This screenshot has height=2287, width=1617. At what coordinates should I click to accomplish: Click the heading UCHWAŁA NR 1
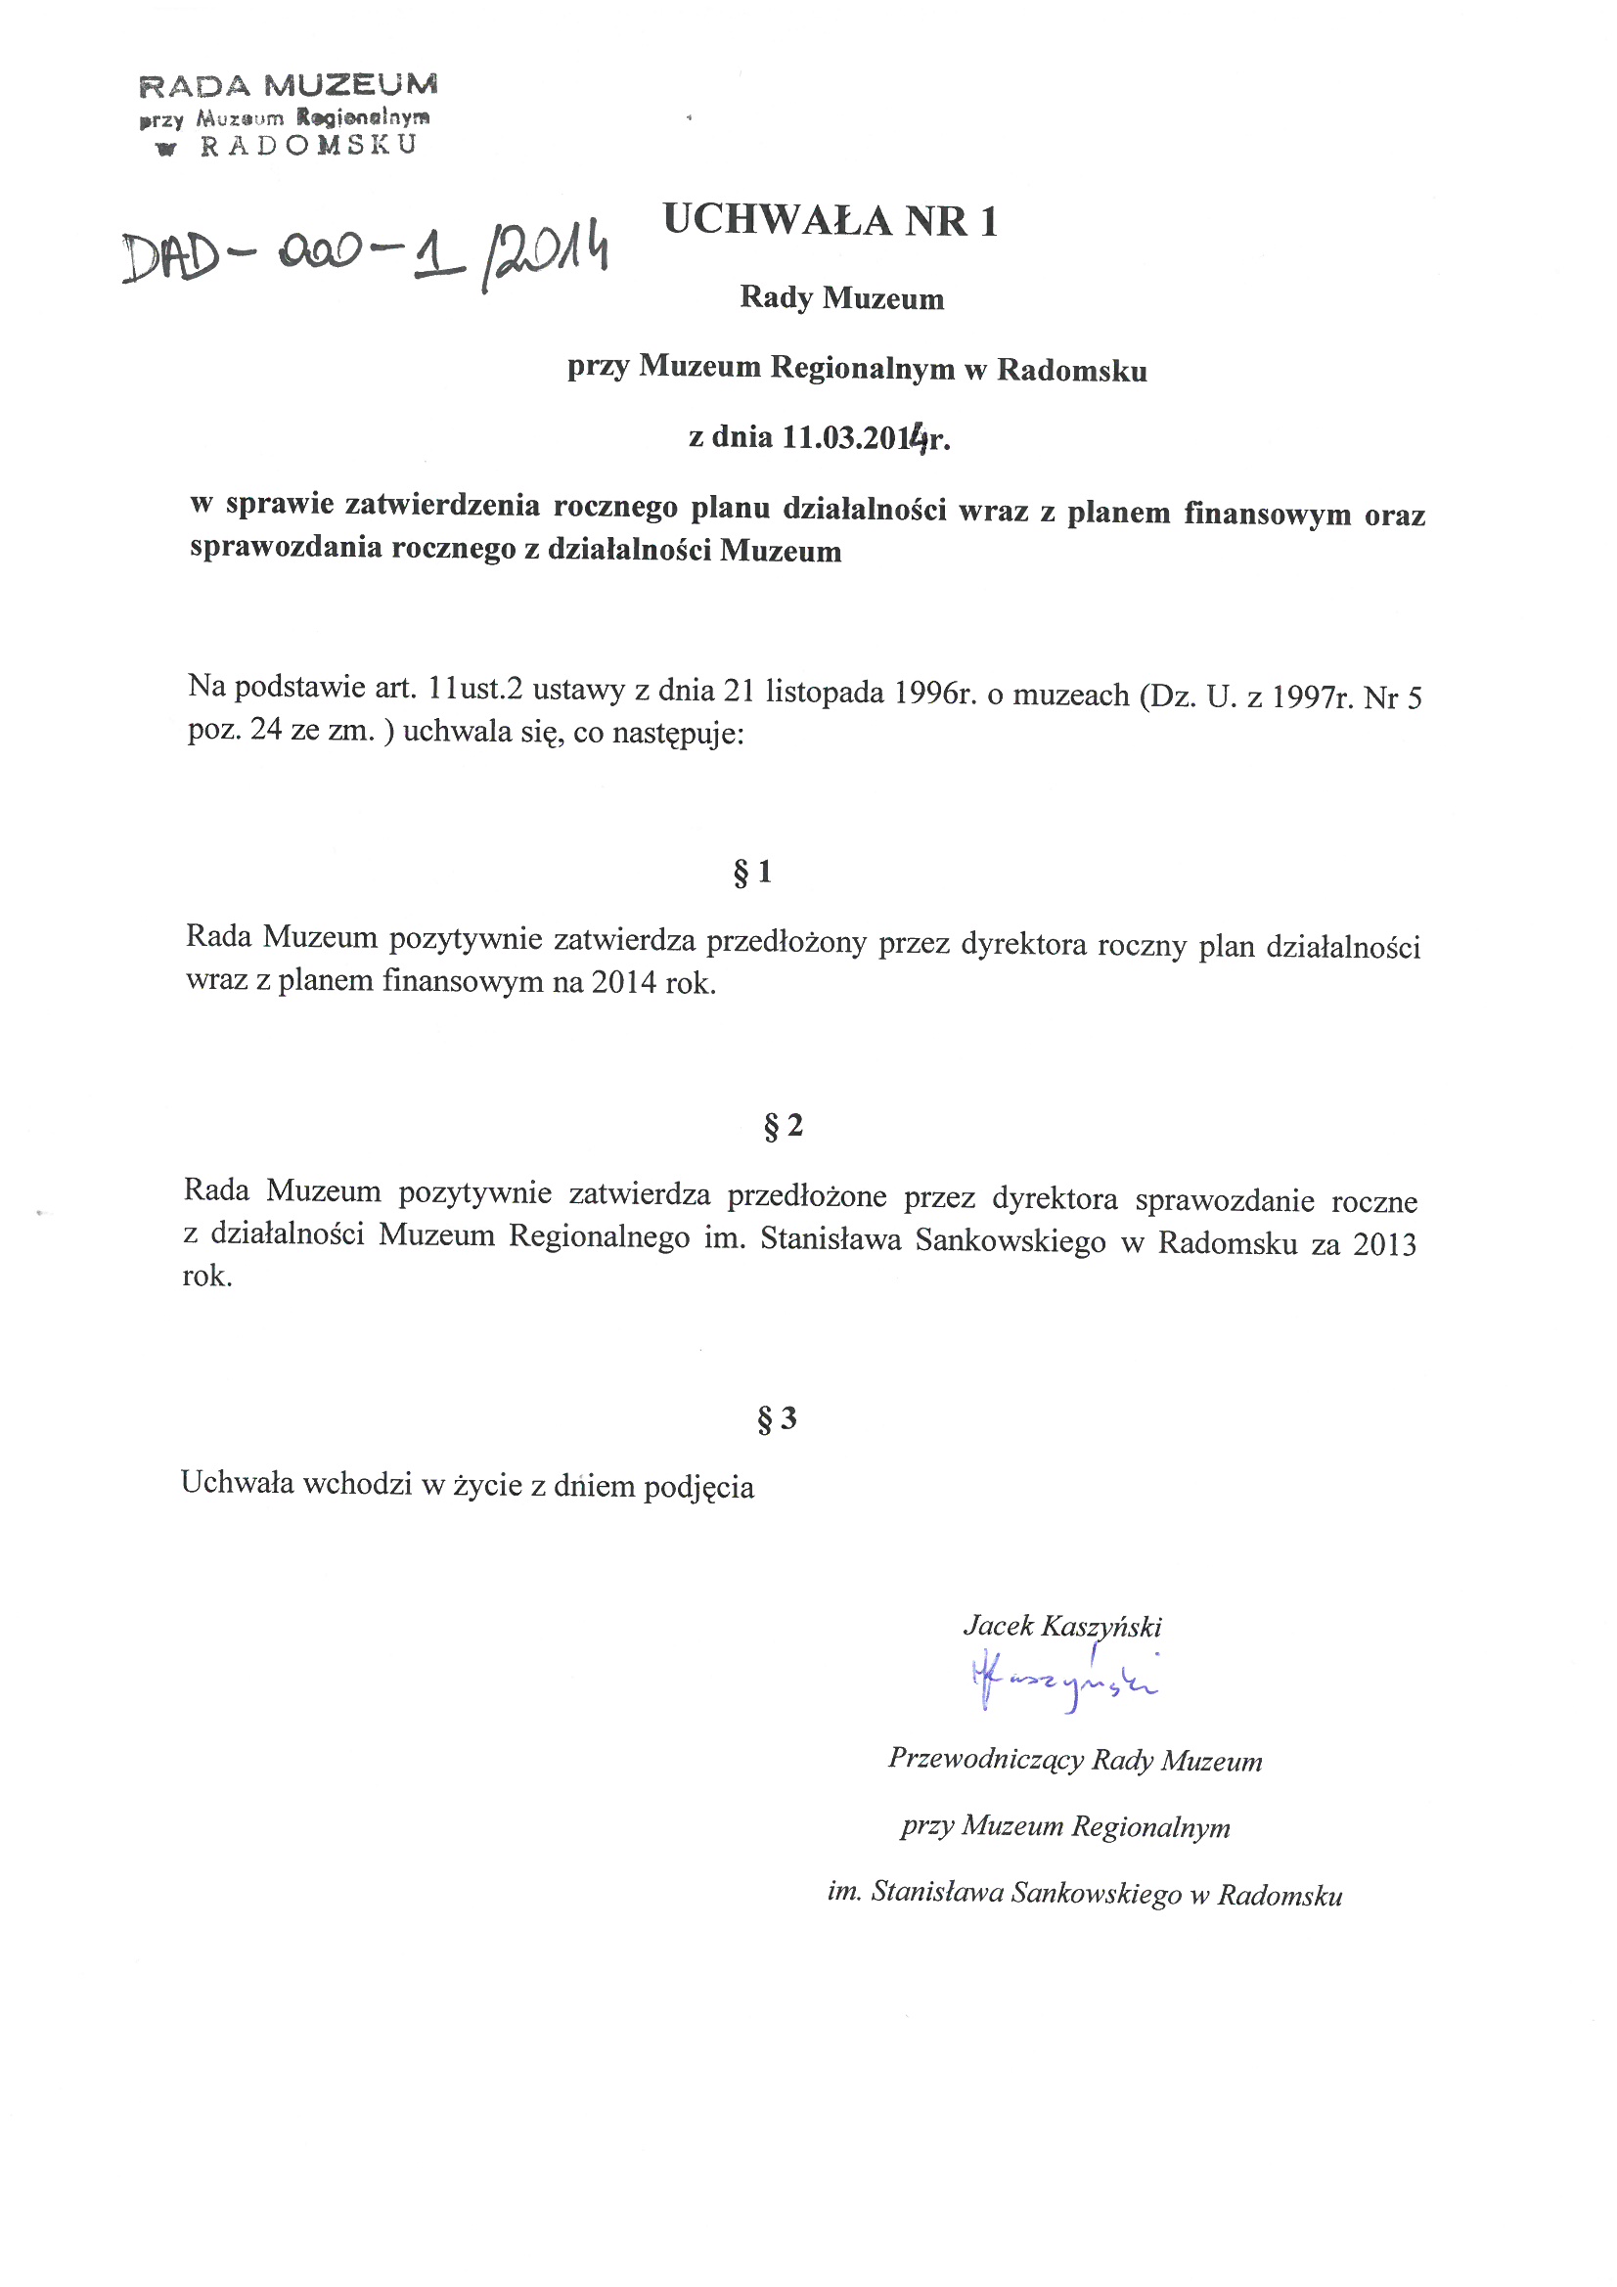click(x=830, y=220)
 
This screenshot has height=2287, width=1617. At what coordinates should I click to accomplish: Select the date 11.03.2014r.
click(x=865, y=437)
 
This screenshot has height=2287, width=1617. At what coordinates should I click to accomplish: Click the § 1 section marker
click(x=752, y=873)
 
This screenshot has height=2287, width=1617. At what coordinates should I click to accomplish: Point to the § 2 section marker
click(x=783, y=1126)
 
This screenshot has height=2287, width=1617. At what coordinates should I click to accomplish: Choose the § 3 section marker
click(x=776, y=1418)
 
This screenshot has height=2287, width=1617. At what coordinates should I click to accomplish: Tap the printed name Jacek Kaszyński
click(x=1062, y=1627)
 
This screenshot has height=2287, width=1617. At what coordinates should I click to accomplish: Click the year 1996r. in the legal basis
click(x=933, y=693)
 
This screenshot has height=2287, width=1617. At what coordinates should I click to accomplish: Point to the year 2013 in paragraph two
click(x=1384, y=1245)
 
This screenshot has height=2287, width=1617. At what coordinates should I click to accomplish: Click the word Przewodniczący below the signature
click(x=985, y=1759)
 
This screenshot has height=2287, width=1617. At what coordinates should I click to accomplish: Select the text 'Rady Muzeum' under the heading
click(x=842, y=297)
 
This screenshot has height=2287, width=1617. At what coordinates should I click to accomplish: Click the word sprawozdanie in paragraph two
click(x=1225, y=1200)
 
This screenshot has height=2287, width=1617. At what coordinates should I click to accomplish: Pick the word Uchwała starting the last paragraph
click(x=237, y=1483)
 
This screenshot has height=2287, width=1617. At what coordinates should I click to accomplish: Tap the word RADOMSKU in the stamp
click(x=308, y=146)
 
